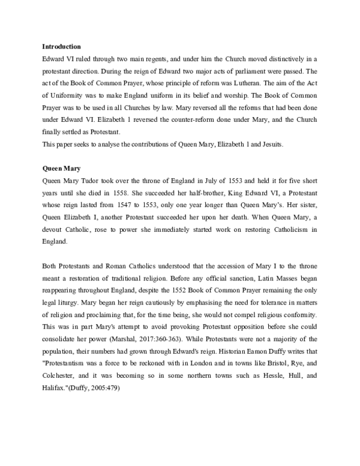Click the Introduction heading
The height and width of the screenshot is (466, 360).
coord(61,46)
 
